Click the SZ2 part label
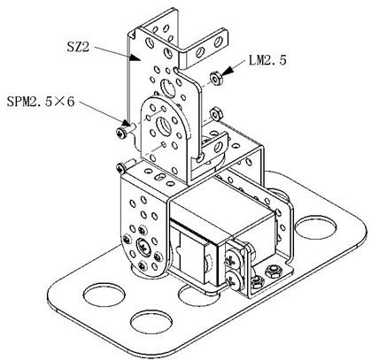(x=78, y=47)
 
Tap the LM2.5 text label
(x=267, y=60)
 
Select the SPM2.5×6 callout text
(x=41, y=102)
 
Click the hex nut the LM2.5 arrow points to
(x=216, y=79)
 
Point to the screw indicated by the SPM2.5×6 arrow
(x=125, y=131)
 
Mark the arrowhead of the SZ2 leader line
(x=135, y=57)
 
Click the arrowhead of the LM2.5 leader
(x=228, y=72)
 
